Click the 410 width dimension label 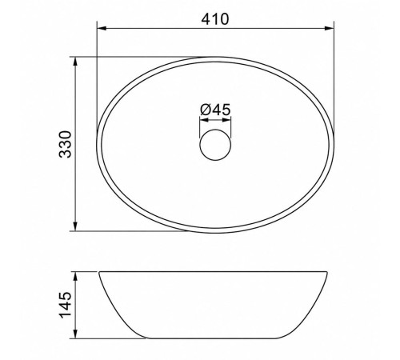215,19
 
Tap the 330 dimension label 66,144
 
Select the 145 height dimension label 66,305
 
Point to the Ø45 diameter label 215,110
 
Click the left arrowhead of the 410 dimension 102,28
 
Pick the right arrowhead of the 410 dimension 329,28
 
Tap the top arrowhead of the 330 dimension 75,62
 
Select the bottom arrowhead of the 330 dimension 75,226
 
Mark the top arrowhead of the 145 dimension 75,277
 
